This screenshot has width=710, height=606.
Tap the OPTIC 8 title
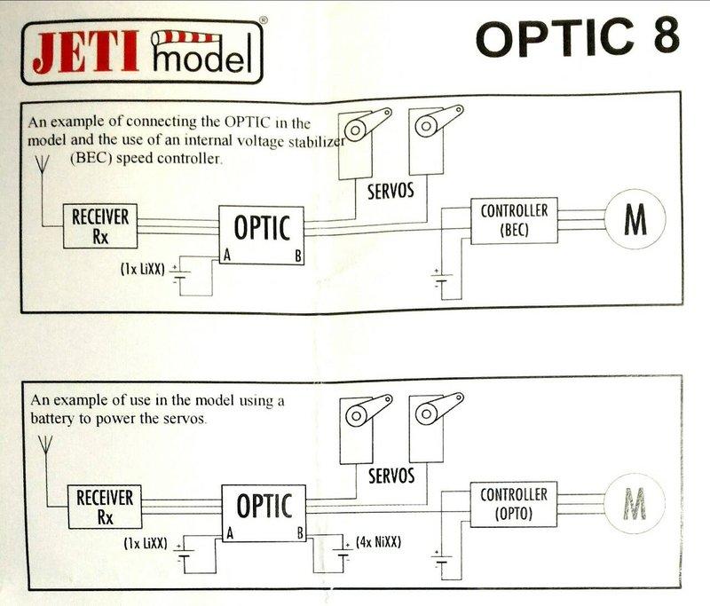578,37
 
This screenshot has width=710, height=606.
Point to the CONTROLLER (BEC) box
514,218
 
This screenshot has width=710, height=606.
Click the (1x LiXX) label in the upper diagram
141,266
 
